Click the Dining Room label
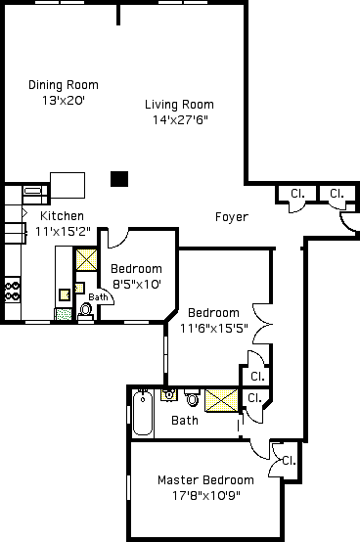(64, 85)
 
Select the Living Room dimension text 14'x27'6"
(180, 120)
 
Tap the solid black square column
(119, 179)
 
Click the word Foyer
(232, 217)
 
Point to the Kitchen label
(63, 216)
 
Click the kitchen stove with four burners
(13, 291)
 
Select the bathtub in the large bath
(143, 412)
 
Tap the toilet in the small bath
(86, 310)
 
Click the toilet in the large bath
(192, 397)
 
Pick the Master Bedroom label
(205, 480)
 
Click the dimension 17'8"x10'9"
(206, 496)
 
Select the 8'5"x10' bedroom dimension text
(137, 285)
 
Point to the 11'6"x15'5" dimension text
(214, 328)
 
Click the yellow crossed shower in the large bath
(221, 400)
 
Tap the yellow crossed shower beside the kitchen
(86, 259)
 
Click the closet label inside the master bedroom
(289, 461)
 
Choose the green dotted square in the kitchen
(64, 314)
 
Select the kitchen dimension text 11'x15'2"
(64, 231)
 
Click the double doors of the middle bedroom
(262, 324)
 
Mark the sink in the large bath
(169, 395)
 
